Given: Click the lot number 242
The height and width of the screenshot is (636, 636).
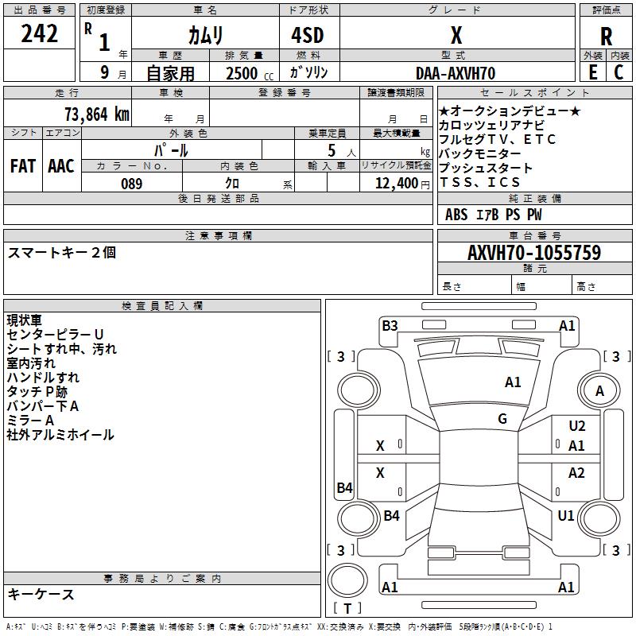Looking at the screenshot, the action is tap(39, 34).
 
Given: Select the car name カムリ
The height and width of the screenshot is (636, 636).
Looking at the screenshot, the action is tap(205, 36).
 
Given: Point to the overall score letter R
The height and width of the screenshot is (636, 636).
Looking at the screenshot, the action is tap(606, 37).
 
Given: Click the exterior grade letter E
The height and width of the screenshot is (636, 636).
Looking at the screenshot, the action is tap(592, 72).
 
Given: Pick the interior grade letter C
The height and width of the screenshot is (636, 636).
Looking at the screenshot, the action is tap(619, 72).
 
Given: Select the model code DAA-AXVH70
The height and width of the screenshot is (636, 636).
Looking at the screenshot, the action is tap(456, 73).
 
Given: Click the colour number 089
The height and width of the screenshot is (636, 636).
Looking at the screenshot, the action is tap(132, 184).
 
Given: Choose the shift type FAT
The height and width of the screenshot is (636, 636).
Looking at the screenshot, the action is tap(22, 166).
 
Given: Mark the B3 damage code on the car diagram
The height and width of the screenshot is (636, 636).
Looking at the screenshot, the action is tap(390, 325).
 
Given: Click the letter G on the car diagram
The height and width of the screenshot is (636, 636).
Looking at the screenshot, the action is tap(502, 419).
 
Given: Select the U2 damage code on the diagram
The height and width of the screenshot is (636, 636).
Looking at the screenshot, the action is tap(576, 426).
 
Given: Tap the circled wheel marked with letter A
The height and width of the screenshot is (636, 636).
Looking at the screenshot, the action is tap(599, 390).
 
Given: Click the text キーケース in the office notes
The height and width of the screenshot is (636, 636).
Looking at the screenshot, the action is tap(41, 595).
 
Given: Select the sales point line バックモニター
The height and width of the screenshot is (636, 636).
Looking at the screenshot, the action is tap(480, 153).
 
